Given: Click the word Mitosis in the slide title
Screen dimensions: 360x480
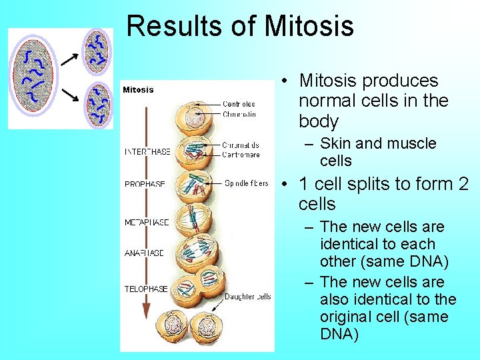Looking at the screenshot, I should tap(309, 26).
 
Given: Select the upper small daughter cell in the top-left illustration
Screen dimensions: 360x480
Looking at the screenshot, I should tap(97, 51).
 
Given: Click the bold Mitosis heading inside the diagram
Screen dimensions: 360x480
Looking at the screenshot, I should tap(138, 89).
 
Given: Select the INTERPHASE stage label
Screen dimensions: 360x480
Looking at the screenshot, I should tap(147, 151).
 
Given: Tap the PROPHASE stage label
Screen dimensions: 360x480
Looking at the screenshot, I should tap(145, 184).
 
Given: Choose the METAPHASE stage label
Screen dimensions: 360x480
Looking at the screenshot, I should tap(147, 223).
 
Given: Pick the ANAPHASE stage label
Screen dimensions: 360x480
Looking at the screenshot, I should tap(145, 253).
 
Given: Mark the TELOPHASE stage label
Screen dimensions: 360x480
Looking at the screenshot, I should tap(146, 289).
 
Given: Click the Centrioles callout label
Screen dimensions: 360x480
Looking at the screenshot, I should tap(239, 104).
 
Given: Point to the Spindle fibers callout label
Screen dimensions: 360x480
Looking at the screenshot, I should tap(247, 183).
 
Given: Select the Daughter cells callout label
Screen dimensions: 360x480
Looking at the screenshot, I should tap(247, 297).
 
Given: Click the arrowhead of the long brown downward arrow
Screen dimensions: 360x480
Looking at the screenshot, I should tap(147, 311).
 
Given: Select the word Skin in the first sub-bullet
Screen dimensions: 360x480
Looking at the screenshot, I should tap(334, 143).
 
